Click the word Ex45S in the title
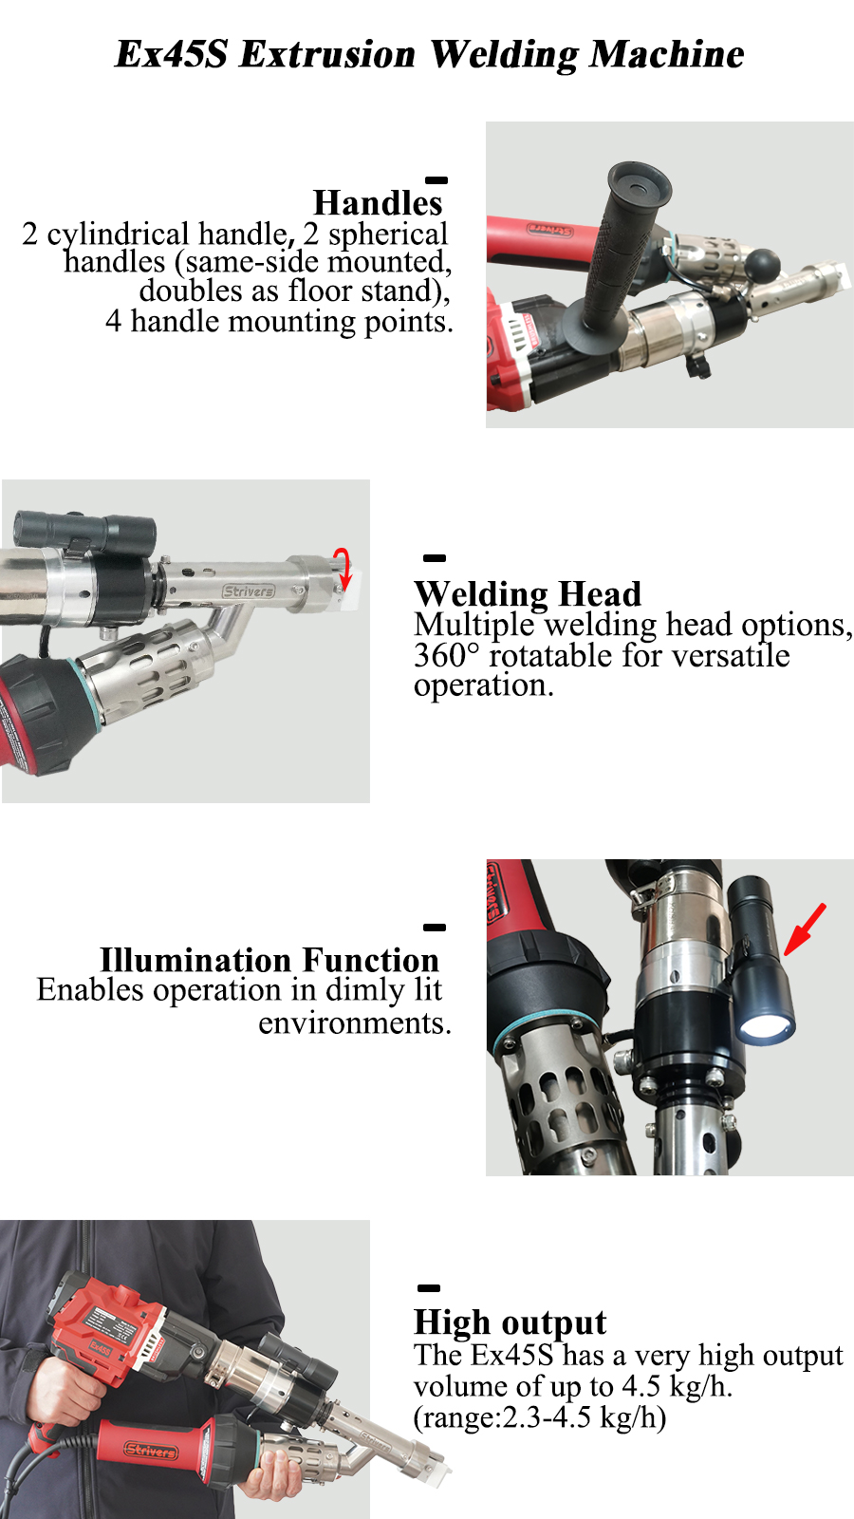[172, 54]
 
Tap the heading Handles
[378, 203]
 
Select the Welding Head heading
[528, 594]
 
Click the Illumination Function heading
[269, 960]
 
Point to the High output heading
[510, 1322]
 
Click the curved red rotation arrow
[344, 569]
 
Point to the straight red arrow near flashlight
[806, 929]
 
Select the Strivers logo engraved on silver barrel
[249, 591]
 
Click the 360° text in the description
[447, 656]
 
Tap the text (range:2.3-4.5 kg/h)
[540, 1417]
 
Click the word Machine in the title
[666, 54]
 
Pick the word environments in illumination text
[355, 1022]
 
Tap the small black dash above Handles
[436, 180]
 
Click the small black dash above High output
[428, 1287]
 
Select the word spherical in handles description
[388, 234]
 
